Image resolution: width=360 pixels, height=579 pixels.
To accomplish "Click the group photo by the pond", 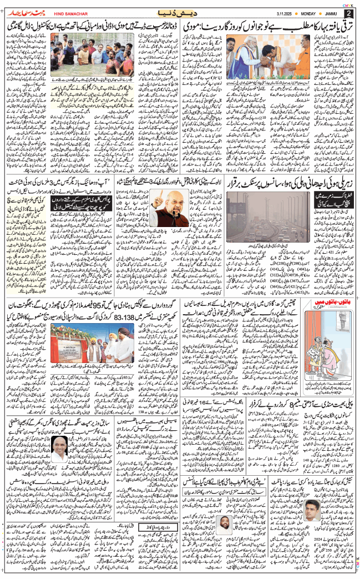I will pos(83,55).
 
